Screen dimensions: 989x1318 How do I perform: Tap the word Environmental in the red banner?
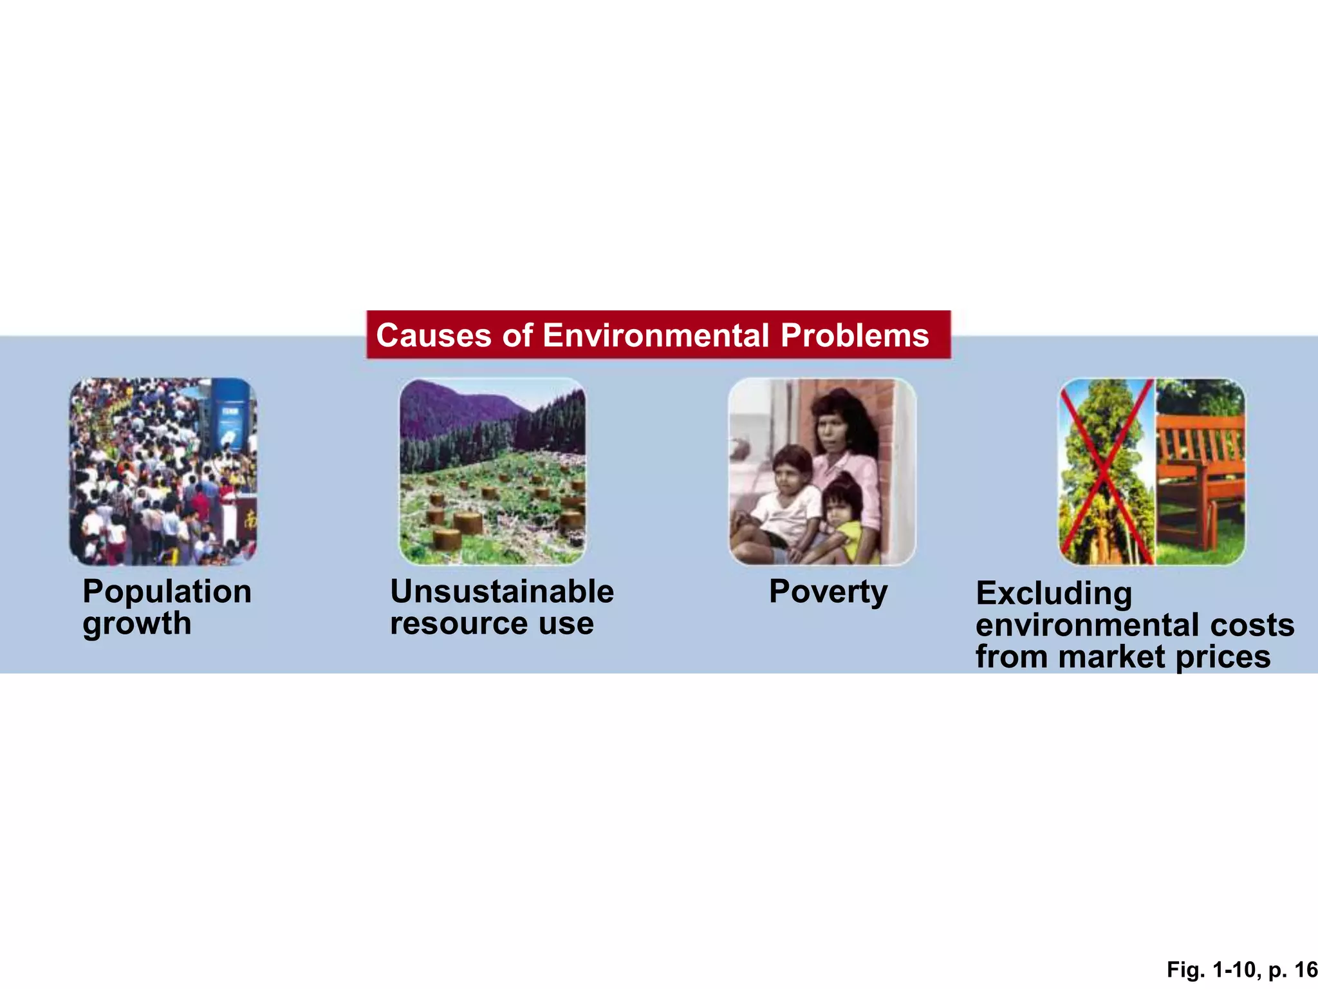click(656, 335)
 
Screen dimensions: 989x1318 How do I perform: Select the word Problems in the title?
click(855, 335)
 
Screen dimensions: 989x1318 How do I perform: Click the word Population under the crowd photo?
click(167, 592)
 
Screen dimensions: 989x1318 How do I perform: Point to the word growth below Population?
click(137, 623)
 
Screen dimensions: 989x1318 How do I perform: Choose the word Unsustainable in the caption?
click(502, 592)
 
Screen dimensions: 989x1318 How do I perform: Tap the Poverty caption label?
click(828, 592)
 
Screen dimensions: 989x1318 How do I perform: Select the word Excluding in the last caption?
click(1053, 594)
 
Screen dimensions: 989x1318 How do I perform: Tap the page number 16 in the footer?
click(1306, 970)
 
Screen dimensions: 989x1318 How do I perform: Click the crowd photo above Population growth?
click(163, 471)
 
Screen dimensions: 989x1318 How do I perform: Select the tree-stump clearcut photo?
click(492, 502)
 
